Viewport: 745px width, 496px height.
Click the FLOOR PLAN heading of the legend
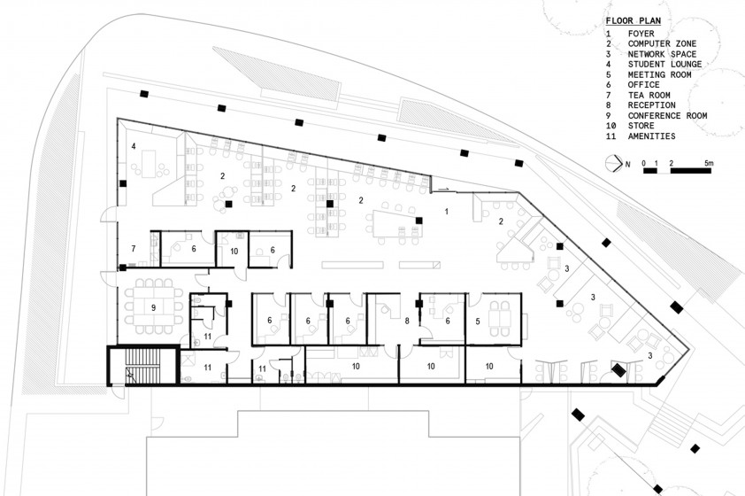[633, 21]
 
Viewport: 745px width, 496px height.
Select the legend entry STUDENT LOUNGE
[664, 64]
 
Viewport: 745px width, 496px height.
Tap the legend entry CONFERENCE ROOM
[667, 115]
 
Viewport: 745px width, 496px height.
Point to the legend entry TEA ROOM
[649, 95]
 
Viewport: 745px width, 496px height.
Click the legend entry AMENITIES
[651, 136]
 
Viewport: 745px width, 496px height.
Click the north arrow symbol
[613, 164]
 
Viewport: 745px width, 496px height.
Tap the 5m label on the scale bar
[709, 163]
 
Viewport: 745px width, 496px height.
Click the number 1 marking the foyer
[446, 211]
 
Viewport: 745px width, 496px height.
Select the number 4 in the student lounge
[134, 146]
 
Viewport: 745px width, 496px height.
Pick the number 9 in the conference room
[153, 307]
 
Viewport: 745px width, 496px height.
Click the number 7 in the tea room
[134, 248]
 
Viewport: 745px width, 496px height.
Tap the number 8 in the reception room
[407, 321]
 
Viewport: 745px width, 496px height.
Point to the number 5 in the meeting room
[478, 322]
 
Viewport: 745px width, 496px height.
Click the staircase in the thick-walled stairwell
[142, 366]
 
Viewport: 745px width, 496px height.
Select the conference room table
[153, 307]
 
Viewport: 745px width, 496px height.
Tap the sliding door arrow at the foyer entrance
[442, 190]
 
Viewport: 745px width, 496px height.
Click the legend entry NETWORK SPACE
[662, 54]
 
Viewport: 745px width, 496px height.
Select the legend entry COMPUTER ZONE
[662, 43]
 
